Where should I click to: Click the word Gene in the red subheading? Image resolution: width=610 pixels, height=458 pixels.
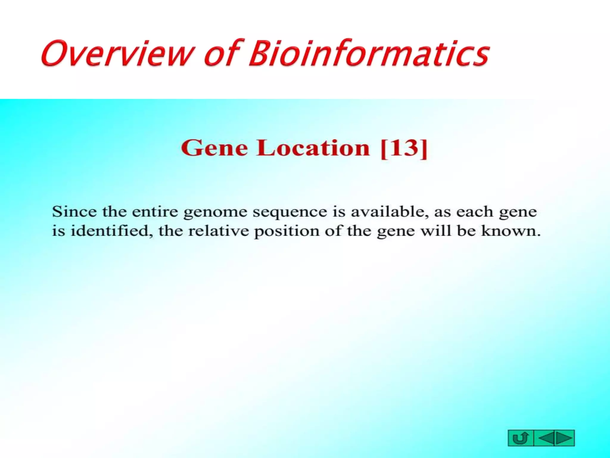coord(214,148)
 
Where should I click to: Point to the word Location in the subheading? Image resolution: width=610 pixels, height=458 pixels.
coord(313,148)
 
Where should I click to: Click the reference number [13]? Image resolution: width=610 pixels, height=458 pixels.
coord(404,148)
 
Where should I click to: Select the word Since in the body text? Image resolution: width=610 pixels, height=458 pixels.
coord(74,212)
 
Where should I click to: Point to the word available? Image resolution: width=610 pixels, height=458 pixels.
coord(389,212)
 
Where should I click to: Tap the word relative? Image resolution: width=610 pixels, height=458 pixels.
coord(218,231)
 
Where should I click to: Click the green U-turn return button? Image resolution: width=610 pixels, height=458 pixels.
coord(521,438)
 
